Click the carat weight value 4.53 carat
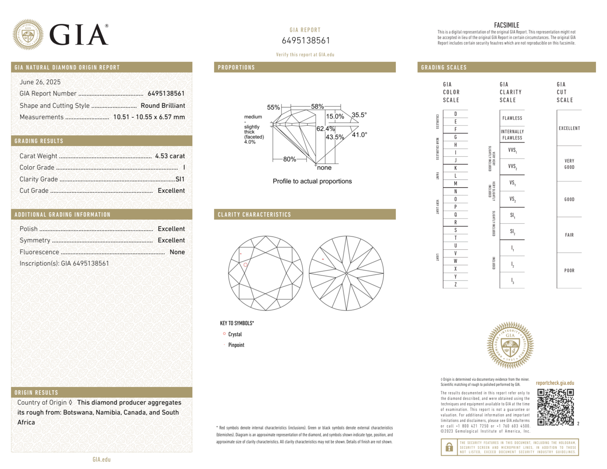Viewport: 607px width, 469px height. pyautogui.click(x=170, y=156)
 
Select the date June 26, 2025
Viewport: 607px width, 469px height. pyautogui.click(x=40, y=82)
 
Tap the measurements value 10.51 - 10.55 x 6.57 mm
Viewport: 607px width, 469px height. pyautogui.click(x=149, y=117)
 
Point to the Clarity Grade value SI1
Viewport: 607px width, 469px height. pyautogui.click(x=180, y=179)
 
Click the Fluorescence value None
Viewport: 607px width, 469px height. pyautogui.click(x=177, y=252)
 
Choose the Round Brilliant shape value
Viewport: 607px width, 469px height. pyautogui.click(x=163, y=106)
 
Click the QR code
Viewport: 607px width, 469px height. pyautogui.click(x=555, y=407)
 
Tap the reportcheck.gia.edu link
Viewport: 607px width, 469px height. pyautogui.click(x=555, y=383)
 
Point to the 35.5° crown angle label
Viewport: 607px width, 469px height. pyautogui.click(x=359, y=115)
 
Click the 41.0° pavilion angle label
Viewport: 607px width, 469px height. pyautogui.click(x=359, y=135)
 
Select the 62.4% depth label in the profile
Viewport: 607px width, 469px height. pyautogui.click(x=325, y=129)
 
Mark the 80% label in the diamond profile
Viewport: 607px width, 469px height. pyautogui.click(x=289, y=159)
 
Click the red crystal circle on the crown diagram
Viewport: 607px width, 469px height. pyautogui.click(x=245, y=265)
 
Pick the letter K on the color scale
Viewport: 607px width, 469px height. pyautogui.click(x=455, y=168)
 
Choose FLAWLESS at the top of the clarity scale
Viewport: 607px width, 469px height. pyautogui.click(x=512, y=118)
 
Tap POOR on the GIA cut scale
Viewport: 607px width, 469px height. pyautogui.click(x=569, y=271)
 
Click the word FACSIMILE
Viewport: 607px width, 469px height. pyautogui.click(x=506, y=25)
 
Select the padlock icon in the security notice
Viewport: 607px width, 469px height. pyautogui.click(x=449, y=447)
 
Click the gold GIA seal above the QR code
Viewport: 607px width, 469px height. pyautogui.click(x=510, y=345)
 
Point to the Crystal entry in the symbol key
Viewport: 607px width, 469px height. pyautogui.click(x=235, y=334)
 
